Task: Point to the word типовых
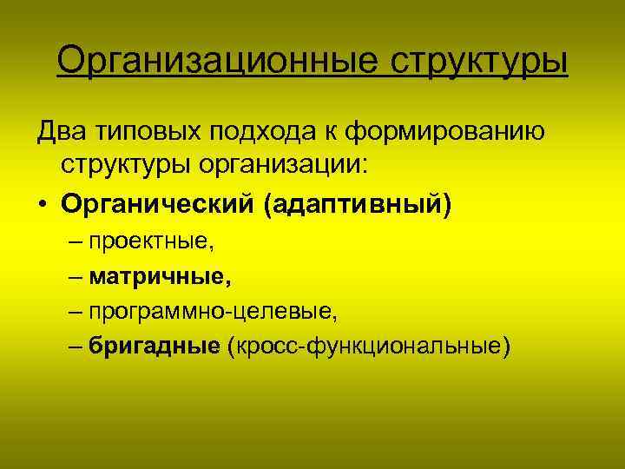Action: pyautogui.click(x=148, y=132)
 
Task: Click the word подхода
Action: pyautogui.click(x=262, y=132)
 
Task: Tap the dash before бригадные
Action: pyautogui.click(x=75, y=347)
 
